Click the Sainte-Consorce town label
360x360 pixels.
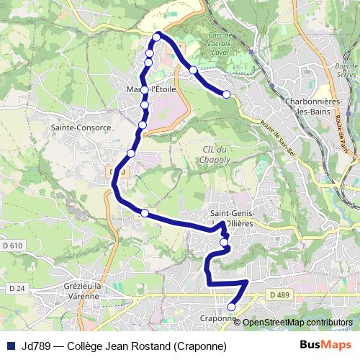pyautogui.click(x=81, y=127)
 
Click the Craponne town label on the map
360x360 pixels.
pyautogui.click(x=219, y=318)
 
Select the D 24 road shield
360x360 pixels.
pyautogui.click(x=16, y=289)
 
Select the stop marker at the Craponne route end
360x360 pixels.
pyautogui.click(x=231, y=307)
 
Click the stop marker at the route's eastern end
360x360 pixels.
pyautogui.click(x=226, y=94)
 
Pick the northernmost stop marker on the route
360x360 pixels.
pyautogui.click(x=156, y=37)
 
